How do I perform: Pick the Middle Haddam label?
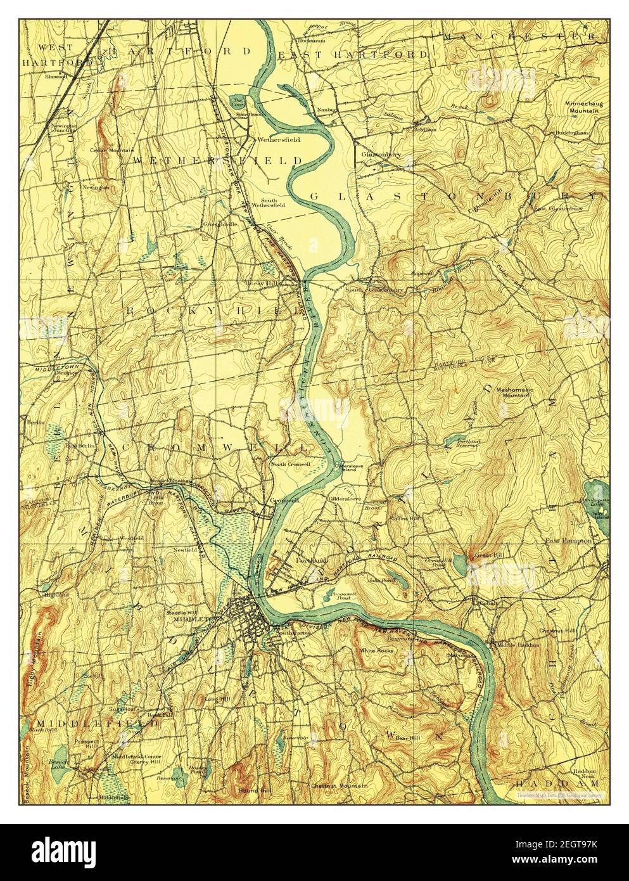point(518,645)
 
